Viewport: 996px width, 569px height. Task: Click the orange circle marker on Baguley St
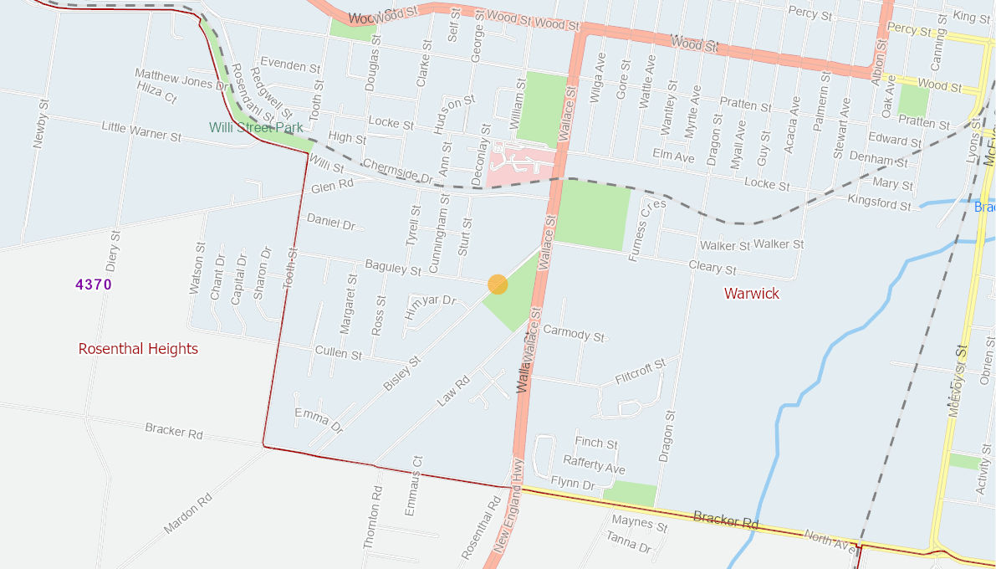[x=498, y=284]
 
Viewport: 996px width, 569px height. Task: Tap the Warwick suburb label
[x=752, y=294]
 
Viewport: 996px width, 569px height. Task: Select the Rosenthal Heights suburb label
[x=138, y=349]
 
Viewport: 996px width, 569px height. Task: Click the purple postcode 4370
[x=94, y=284]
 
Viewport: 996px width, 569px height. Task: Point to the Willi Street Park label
[x=255, y=128]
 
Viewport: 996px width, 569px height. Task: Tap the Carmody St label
[x=574, y=333]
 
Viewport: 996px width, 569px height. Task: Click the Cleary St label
[x=713, y=268]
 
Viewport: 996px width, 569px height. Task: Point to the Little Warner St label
[x=141, y=130]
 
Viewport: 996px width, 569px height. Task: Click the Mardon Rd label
[x=188, y=514]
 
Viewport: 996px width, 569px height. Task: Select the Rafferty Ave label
[x=594, y=464]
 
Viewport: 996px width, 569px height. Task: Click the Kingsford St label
[x=879, y=202]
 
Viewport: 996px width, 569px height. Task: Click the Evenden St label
[x=290, y=64]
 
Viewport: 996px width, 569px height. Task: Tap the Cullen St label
[x=339, y=353]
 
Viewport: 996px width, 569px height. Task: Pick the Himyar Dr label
[x=431, y=307]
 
